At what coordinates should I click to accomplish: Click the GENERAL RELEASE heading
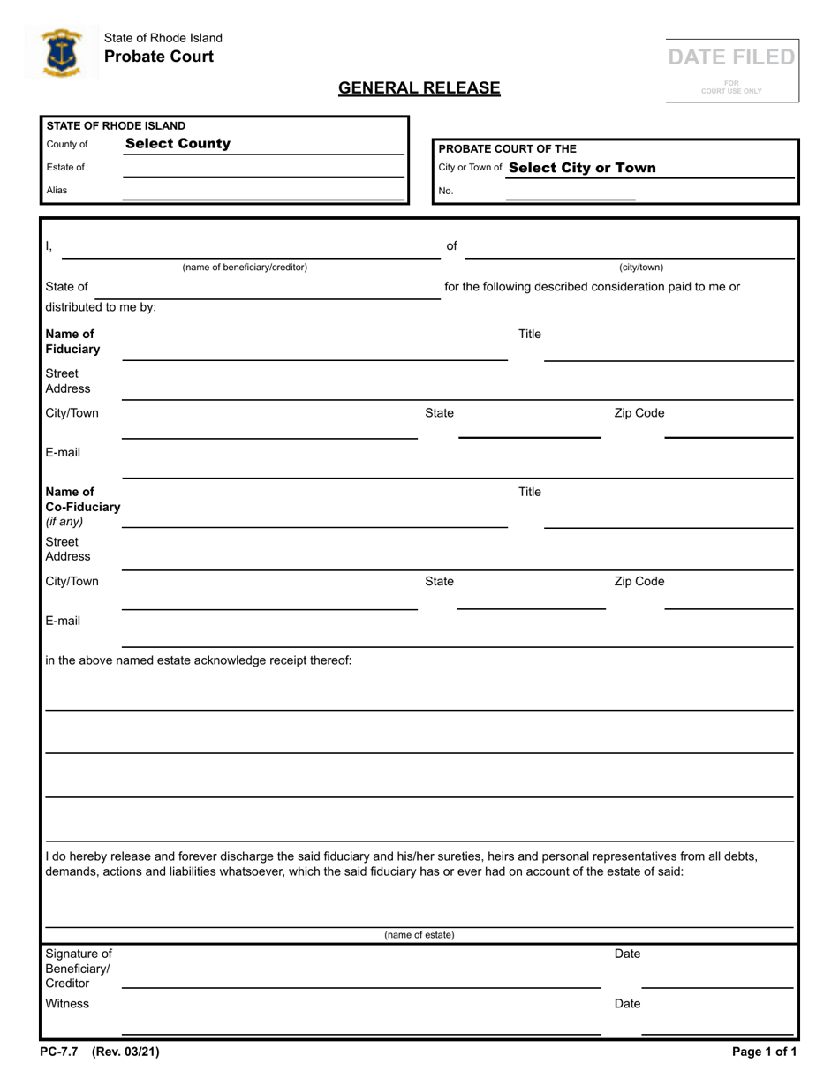click(x=419, y=87)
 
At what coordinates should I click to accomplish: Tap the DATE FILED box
click(x=731, y=69)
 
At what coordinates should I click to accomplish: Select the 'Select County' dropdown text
click(x=178, y=144)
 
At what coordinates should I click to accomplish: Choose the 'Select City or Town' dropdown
click(x=582, y=168)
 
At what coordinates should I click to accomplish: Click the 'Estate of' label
click(x=65, y=167)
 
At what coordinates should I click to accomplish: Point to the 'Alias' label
click(x=57, y=190)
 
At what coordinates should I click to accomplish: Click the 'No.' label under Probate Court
click(x=446, y=191)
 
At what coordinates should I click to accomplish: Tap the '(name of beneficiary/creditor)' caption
click(x=245, y=267)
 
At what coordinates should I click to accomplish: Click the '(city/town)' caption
click(x=640, y=267)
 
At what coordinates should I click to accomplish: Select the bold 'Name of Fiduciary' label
click(x=72, y=342)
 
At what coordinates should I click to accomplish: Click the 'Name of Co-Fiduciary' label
click(x=82, y=500)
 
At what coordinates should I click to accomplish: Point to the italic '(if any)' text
click(x=64, y=522)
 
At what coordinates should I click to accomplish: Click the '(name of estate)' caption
click(x=419, y=935)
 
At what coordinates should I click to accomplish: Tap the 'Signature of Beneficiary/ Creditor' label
click(x=79, y=969)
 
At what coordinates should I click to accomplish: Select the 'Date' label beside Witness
click(x=627, y=1004)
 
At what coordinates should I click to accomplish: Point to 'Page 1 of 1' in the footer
click(x=764, y=1052)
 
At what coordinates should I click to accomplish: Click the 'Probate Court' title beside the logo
click(x=159, y=57)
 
